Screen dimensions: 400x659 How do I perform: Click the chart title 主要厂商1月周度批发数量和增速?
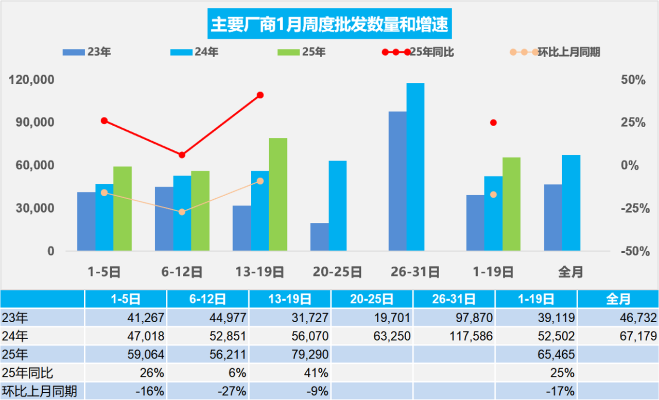click(329, 24)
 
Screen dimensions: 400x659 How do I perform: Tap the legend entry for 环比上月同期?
click(568, 52)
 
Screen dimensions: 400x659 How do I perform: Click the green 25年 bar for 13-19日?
click(278, 194)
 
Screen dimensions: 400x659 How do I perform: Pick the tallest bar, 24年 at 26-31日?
click(415, 167)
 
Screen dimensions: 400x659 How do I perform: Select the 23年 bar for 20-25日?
click(319, 237)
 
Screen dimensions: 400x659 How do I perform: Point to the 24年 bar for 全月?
click(571, 203)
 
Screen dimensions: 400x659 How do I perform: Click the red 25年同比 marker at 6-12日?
click(182, 155)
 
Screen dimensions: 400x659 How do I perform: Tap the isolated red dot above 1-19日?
click(493, 123)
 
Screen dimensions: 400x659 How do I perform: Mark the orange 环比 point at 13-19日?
click(260, 181)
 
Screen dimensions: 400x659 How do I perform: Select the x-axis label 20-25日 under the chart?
click(337, 271)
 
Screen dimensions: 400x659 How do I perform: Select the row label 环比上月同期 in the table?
click(39, 391)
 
